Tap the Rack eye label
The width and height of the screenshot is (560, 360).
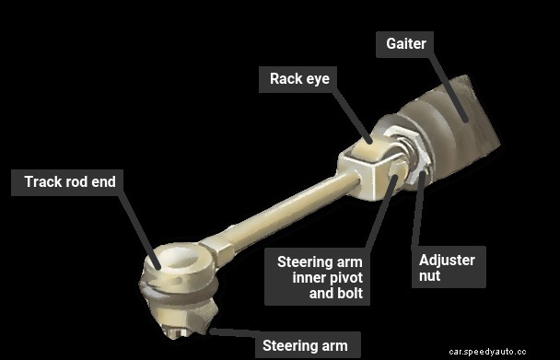click(x=298, y=79)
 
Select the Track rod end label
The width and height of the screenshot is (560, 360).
click(x=70, y=182)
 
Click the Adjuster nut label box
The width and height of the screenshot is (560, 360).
click(x=447, y=268)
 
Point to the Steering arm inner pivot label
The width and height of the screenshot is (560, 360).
click(x=319, y=278)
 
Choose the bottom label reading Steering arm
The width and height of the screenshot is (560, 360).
click(x=305, y=346)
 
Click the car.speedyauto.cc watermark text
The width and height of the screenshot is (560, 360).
click(x=500, y=351)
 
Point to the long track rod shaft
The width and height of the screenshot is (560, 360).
click(x=276, y=213)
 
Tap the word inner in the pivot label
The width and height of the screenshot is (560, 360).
click(x=312, y=278)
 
